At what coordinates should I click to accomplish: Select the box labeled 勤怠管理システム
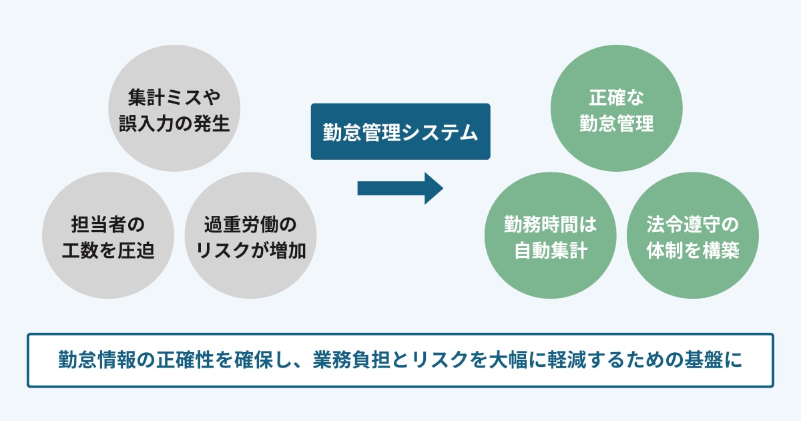coord(400,131)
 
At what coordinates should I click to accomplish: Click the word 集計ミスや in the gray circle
coord(174,98)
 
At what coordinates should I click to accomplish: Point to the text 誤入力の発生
coord(174,124)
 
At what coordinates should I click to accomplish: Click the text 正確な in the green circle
coord(616,98)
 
